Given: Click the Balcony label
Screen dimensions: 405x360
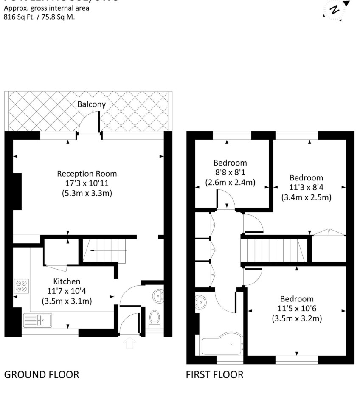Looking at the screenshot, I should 92,104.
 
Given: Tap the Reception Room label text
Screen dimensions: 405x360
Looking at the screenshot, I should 87,174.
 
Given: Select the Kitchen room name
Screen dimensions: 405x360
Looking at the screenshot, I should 67,281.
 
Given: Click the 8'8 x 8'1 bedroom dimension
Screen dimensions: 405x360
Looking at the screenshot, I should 230,173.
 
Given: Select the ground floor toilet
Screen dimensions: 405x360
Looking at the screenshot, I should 155,318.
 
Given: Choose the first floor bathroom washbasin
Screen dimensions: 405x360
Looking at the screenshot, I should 201,302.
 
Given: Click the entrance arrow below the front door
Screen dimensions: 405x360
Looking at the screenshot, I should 129,342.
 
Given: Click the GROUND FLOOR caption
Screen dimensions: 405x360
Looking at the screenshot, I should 41,374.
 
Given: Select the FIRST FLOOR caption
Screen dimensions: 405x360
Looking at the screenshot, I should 215,374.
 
